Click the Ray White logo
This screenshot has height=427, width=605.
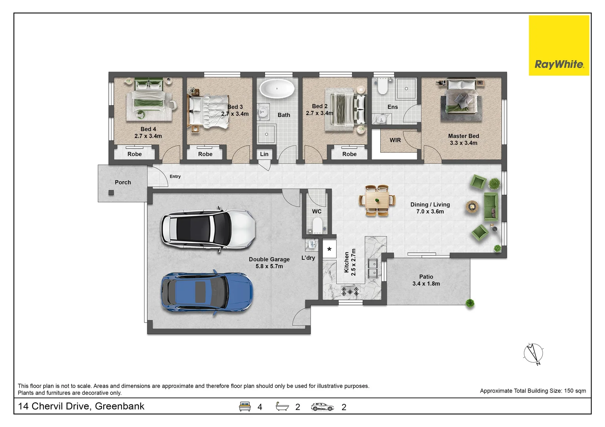559,45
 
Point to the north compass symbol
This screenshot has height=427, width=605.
533,353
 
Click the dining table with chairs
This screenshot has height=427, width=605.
377,200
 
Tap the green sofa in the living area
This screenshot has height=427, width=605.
491,207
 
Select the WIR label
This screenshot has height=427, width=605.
395,140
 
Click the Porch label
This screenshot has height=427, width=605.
123,182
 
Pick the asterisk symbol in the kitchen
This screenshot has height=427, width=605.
329,249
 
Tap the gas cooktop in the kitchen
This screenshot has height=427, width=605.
350,291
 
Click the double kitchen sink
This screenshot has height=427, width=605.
373,268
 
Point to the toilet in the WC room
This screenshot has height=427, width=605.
317,225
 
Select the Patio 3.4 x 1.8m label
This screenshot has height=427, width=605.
426,280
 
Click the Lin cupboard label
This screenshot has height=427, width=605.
264,154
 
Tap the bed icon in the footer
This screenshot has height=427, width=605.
245,406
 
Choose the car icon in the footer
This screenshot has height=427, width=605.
322,407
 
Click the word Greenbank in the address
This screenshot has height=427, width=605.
119,406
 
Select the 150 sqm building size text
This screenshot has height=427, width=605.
575,391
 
